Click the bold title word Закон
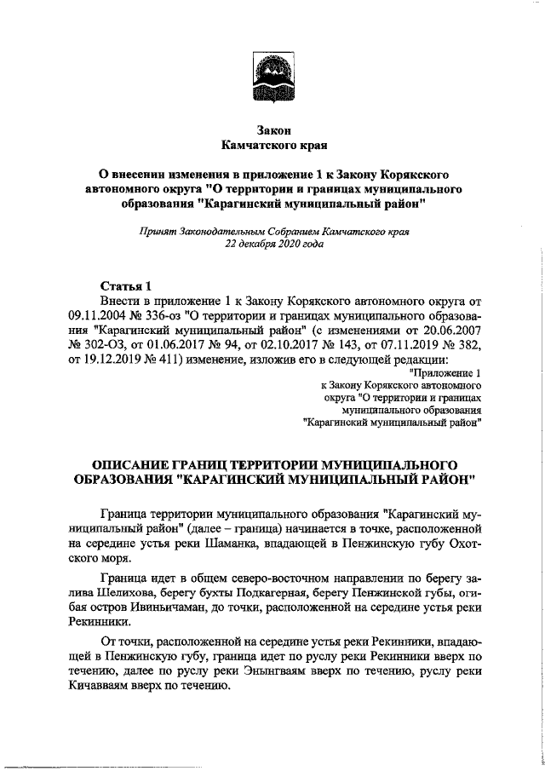(272, 130)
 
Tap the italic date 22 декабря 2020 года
(273, 243)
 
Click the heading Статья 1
(127, 285)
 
